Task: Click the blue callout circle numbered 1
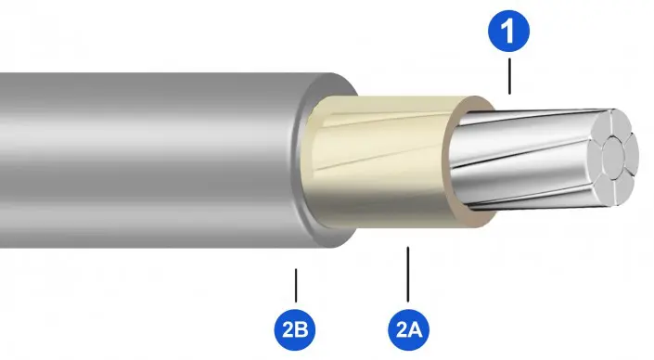coord(509,31)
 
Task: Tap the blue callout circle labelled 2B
coord(295,330)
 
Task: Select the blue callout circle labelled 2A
coord(408,330)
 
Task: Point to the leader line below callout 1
coord(509,76)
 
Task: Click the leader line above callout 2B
coord(296,286)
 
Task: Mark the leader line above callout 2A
coord(408,274)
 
